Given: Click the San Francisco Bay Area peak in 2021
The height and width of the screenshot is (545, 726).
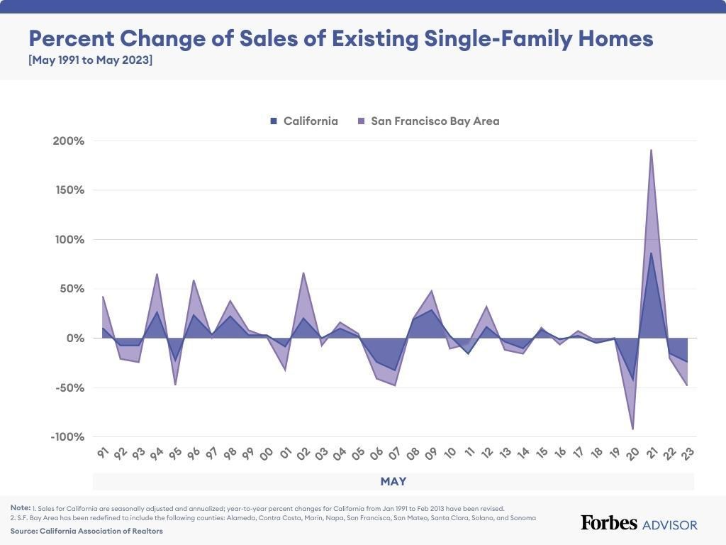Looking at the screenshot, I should [x=651, y=150].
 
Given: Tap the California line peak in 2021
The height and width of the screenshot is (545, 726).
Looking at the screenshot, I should [x=651, y=253].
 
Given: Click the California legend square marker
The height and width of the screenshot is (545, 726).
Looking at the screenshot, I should [x=274, y=121].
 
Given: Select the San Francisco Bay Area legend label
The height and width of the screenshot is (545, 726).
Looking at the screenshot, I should [x=435, y=121].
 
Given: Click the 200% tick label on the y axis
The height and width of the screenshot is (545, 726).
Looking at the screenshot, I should [x=68, y=141].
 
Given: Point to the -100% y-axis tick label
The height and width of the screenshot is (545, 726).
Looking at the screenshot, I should [x=67, y=437].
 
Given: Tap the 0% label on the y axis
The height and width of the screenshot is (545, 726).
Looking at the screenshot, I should [x=76, y=338].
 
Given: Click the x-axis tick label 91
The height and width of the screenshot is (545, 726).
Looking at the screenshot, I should [x=103, y=453].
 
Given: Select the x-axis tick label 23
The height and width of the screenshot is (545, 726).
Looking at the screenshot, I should [x=687, y=453].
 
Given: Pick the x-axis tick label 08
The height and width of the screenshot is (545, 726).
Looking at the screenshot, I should [x=413, y=453].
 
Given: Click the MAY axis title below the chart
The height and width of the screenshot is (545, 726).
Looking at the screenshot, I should [x=393, y=482].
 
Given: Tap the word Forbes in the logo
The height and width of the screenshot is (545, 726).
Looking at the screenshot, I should [x=608, y=523].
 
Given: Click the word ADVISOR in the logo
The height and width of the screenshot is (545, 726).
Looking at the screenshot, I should [x=669, y=525].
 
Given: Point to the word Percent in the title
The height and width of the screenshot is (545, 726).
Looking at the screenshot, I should [x=69, y=38].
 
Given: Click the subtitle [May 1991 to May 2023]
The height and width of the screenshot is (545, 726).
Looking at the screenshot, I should [x=90, y=60].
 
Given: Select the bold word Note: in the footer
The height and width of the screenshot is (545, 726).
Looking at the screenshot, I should [x=20, y=508].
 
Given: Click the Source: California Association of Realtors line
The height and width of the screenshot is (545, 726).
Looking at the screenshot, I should [x=86, y=531].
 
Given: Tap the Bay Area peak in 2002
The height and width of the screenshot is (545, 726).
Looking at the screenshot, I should [x=303, y=272].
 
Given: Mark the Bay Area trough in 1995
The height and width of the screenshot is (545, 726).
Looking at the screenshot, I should [x=175, y=385].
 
